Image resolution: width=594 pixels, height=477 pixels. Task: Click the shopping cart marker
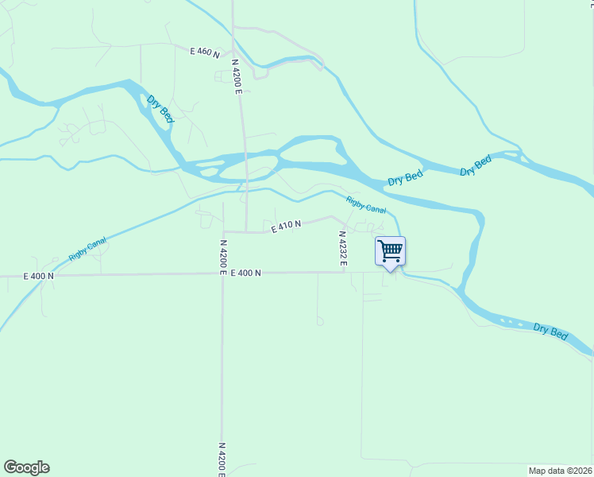[390, 252]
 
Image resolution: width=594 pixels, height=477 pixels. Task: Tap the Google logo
[26, 467]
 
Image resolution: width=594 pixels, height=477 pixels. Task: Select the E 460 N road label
[204, 52]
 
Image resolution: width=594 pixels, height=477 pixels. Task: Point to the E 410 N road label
[286, 227]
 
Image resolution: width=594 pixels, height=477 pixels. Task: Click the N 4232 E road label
[343, 248]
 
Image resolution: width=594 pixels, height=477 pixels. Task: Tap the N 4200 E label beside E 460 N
[237, 76]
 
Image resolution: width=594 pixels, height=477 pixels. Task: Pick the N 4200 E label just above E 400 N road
[223, 257]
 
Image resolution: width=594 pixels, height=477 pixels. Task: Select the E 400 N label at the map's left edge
[38, 276]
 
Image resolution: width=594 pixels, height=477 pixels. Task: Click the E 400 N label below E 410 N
[246, 273]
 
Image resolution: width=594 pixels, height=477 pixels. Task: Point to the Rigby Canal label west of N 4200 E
[87, 250]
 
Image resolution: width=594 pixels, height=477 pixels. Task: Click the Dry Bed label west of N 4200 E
[160, 109]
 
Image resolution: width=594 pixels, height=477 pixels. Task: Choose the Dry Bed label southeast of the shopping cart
[550, 332]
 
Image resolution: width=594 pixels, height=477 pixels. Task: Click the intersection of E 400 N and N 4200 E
[222, 273]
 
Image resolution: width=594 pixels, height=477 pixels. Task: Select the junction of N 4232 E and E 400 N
[343, 272]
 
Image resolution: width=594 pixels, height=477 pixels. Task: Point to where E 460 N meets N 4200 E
[233, 54]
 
